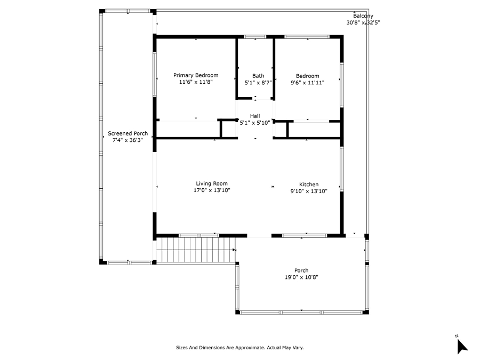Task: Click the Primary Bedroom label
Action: coord(196,75)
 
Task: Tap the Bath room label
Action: coord(258,76)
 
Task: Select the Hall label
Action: coord(255,116)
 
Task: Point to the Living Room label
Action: coord(212,183)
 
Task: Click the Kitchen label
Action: coord(309,185)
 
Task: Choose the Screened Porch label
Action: coord(127,133)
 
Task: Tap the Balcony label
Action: coord(363,16)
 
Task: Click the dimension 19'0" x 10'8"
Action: coord(301,277)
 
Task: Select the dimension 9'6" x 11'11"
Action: coord(307,83)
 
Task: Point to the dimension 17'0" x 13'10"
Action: coord(212,190)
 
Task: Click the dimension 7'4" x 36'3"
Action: coord(127,140)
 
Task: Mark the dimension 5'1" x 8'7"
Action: coord(258,83)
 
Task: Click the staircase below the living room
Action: coord(196,250)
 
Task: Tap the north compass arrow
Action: coord(462,347)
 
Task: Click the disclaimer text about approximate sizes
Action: coord(239,347)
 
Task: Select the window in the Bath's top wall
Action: coord(255,37)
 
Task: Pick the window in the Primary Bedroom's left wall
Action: coord(155,74)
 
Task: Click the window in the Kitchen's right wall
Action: coord(342,169)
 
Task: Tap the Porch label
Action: coord(301,270)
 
